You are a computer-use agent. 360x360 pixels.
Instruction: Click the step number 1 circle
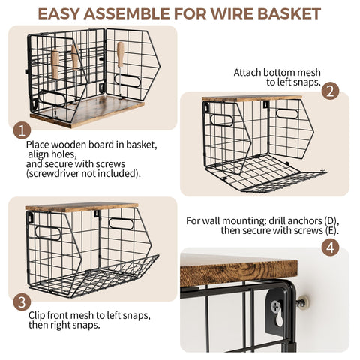(22, 130)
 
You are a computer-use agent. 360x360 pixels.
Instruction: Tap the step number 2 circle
(330, 91)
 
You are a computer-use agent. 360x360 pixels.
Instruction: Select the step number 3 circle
(22, 301)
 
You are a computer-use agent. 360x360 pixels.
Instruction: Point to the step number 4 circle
(330, 247)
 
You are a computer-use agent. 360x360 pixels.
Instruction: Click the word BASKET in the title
(289, 14)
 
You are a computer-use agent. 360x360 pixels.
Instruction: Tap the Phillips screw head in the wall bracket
(276, 305)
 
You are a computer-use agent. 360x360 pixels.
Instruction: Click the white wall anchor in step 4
(304, 301)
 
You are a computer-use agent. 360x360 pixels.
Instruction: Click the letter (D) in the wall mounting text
(331, 220)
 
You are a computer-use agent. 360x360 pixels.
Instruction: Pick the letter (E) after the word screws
(332, 230)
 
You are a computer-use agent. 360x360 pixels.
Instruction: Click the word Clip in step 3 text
(37, 316)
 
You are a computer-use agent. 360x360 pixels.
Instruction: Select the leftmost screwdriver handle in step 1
(55, 64)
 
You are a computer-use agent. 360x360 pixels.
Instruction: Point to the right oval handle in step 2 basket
(287, 114)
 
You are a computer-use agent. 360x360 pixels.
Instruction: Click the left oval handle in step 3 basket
(48, 233)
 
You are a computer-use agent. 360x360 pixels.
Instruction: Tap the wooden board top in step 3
(82, 207)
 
